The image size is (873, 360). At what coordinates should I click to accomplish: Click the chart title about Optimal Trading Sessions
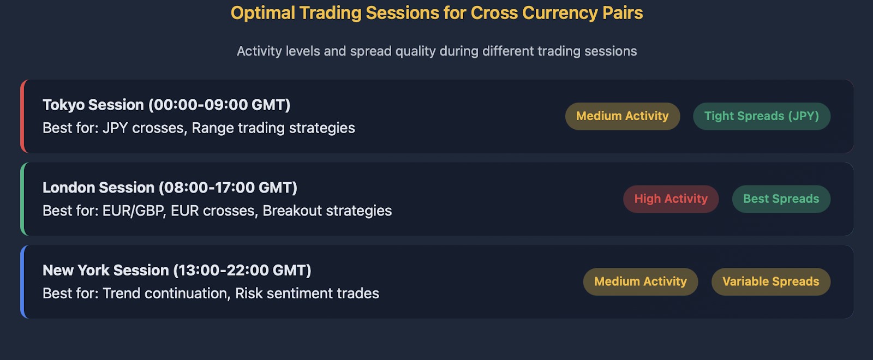(x=436, y=13)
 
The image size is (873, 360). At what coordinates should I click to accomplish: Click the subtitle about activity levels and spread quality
(x=436, y=51)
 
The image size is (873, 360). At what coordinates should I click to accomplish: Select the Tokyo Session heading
(x=166, y=105)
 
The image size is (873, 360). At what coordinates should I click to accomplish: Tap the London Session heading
(x=170, y=188)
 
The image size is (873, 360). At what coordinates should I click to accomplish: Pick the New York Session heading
(x=177, y=270)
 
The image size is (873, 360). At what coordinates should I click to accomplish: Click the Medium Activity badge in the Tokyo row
(x=623, y=116)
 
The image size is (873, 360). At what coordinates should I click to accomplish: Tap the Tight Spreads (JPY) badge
(x=762, y=116)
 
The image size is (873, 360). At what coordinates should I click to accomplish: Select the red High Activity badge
(x=671, y=199)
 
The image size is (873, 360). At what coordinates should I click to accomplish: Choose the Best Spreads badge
(x=781, y=199)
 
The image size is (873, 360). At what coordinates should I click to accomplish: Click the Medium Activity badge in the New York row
(x=641, y=281)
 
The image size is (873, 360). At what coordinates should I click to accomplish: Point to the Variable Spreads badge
(x=771, y=281)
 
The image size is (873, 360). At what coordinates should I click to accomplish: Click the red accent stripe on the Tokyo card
(x=23, y=116)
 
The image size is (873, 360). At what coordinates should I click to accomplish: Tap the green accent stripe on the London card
(x=23, y=199)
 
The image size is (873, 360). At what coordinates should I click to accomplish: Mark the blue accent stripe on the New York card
(x=23, y=281)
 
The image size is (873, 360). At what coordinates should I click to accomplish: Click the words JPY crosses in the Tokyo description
(x=143, y=128)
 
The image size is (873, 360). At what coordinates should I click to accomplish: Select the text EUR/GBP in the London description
(x=133, y=211)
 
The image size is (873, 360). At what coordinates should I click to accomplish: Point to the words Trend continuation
(x=165, y=293)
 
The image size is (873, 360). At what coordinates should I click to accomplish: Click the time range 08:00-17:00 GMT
(x=228, y=188)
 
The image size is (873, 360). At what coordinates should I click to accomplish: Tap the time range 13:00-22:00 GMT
(x=242, y=270)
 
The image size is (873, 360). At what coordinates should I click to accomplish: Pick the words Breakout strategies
(x=327, y=211)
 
